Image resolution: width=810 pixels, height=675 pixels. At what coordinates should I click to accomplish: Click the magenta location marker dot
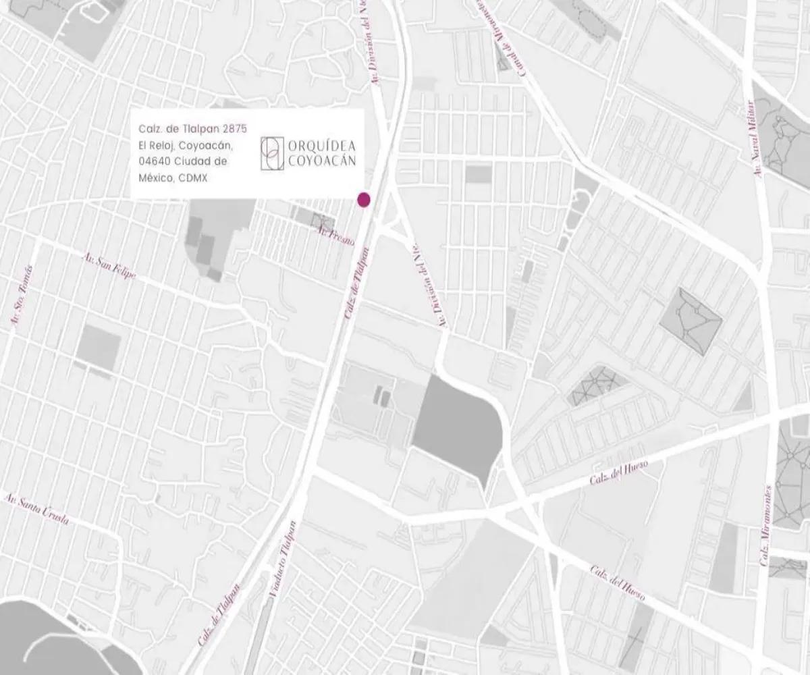click(x=364, y=198)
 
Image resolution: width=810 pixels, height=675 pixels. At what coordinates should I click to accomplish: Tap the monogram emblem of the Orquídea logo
click(x=271, y=153)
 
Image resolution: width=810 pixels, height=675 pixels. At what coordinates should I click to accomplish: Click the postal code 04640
click(x=153, y=161)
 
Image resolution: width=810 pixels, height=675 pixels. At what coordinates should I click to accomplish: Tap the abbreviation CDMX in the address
click(x=194, y=178)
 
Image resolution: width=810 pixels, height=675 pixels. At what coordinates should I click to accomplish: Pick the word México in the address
click(x=156, y=178)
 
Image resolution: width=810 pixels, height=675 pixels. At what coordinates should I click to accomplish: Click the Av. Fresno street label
click(x=336, y=236)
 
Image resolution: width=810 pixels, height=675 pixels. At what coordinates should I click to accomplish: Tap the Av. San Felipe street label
click(x=109, y=267)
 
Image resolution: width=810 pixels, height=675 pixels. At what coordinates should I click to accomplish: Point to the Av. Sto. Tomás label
click(x=21, y=306)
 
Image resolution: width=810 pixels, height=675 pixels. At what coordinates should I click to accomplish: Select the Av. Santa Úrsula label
click(x=36, y=510)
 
